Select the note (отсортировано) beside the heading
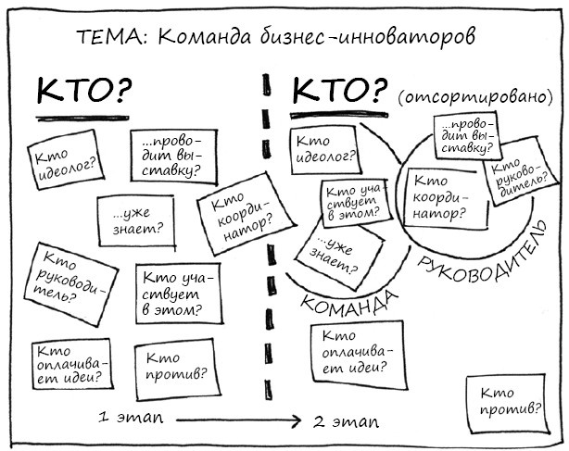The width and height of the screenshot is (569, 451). pyautogui.click(x=474, y=95)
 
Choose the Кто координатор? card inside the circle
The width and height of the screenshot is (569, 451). pyautogui.click(x=438, y=197)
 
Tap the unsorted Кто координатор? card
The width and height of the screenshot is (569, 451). pyautogui.click(x=237, y=215)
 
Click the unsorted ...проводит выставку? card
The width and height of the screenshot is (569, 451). pyautogui.click(x=173, y=157)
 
